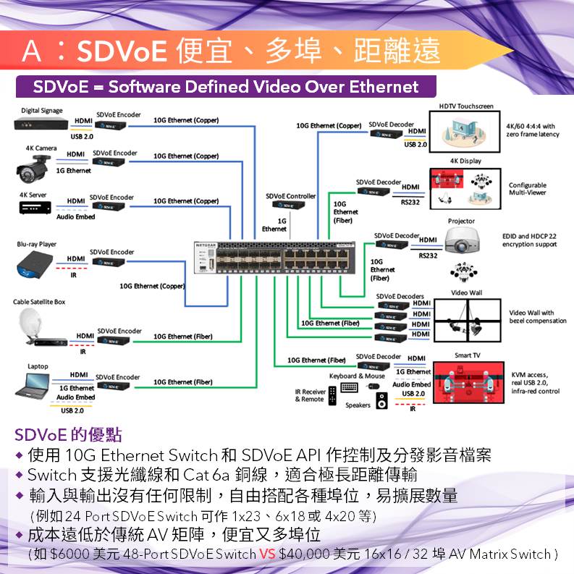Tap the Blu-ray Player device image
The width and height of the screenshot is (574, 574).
[33, 263]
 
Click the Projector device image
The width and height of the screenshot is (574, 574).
[460, 240]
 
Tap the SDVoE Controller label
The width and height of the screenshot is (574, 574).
[291, 196]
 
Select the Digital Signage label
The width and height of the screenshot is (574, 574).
[41, 110]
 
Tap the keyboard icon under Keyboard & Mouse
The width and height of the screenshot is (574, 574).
[349, 387]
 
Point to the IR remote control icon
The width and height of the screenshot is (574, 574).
[332, 394]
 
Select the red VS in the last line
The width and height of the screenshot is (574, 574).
[266, 554]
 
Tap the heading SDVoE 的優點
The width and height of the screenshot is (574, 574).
[69, 435]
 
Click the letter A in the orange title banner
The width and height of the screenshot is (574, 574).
[32, 51]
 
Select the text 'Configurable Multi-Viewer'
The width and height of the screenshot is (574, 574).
[527, 189]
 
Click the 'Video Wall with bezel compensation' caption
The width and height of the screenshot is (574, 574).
[538, 316]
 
